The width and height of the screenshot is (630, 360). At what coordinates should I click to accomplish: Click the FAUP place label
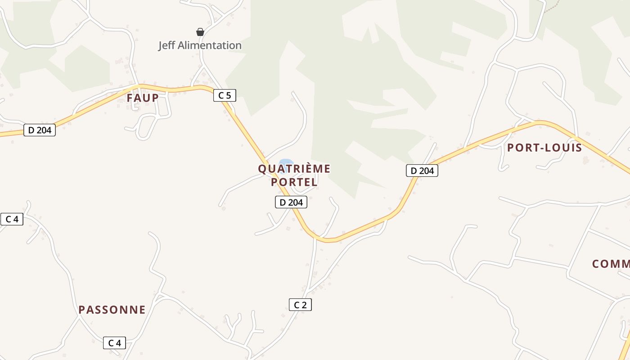click(143, 98)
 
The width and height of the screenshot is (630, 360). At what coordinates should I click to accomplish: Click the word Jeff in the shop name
click(166, 45)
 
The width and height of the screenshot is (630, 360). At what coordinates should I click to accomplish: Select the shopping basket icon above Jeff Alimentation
click(200, 32)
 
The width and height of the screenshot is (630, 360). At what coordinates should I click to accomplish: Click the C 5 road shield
click(225, 95)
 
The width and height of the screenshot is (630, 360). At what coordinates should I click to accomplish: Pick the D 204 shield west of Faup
click(40, 130)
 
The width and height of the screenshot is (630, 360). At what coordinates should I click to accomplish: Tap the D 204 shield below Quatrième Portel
click(291, 202)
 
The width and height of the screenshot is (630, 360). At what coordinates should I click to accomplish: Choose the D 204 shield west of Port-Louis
click(422, 171)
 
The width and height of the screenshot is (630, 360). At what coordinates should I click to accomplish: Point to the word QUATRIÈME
click(294, 169)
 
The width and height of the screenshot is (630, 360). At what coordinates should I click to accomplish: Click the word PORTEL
click(294, 182)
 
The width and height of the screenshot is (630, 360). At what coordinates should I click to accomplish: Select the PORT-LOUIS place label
click(544, 148)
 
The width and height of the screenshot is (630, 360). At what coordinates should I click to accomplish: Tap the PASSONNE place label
click(112, 310)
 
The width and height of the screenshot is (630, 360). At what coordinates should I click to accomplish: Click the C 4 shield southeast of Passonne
click(115, 343)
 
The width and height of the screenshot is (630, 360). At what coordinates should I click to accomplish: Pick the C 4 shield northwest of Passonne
click(12, 219)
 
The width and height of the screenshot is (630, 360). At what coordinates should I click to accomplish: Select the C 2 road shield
click(300, 305)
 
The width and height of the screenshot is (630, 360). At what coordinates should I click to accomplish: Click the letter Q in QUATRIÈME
click(262, 169)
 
